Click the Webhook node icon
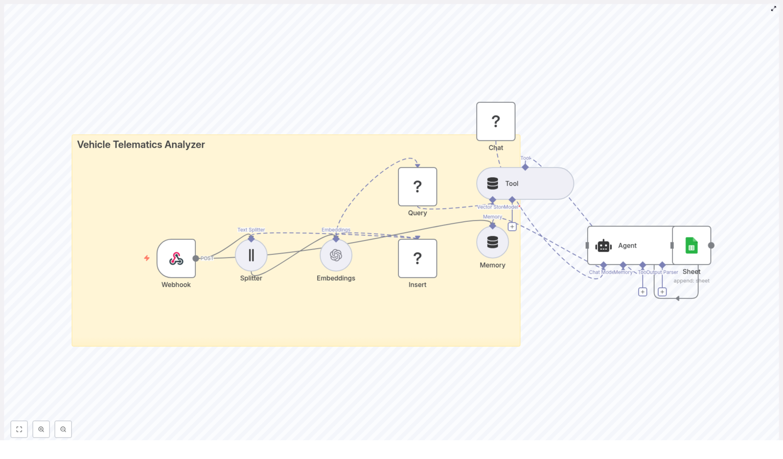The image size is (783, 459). point(176,258)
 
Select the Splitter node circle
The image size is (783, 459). point(251,255)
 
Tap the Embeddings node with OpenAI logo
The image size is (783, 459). point(336,255)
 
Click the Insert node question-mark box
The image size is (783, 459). point(417,258)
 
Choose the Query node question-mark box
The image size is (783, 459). point(417,186)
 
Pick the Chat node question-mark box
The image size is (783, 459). point(496,121)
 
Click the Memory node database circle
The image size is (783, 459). point(492,242)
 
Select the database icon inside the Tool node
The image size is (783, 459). point(492,184)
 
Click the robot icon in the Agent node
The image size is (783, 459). point(603,246)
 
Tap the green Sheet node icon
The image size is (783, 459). point(691,246)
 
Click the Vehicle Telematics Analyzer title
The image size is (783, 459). point(141,144)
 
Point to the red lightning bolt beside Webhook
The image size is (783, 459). point(147,258)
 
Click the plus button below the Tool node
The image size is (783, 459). point(512,227)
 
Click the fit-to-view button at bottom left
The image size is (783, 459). point(19,429)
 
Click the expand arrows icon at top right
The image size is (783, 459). point(774,8)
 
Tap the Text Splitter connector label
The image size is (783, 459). point(251,229)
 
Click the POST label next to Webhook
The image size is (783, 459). point(207,258)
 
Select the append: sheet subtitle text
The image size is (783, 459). point(691,281)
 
